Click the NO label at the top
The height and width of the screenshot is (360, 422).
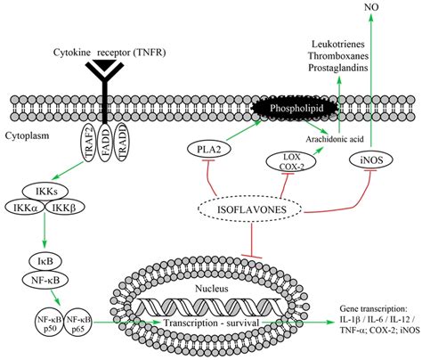(x=367, y=7)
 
